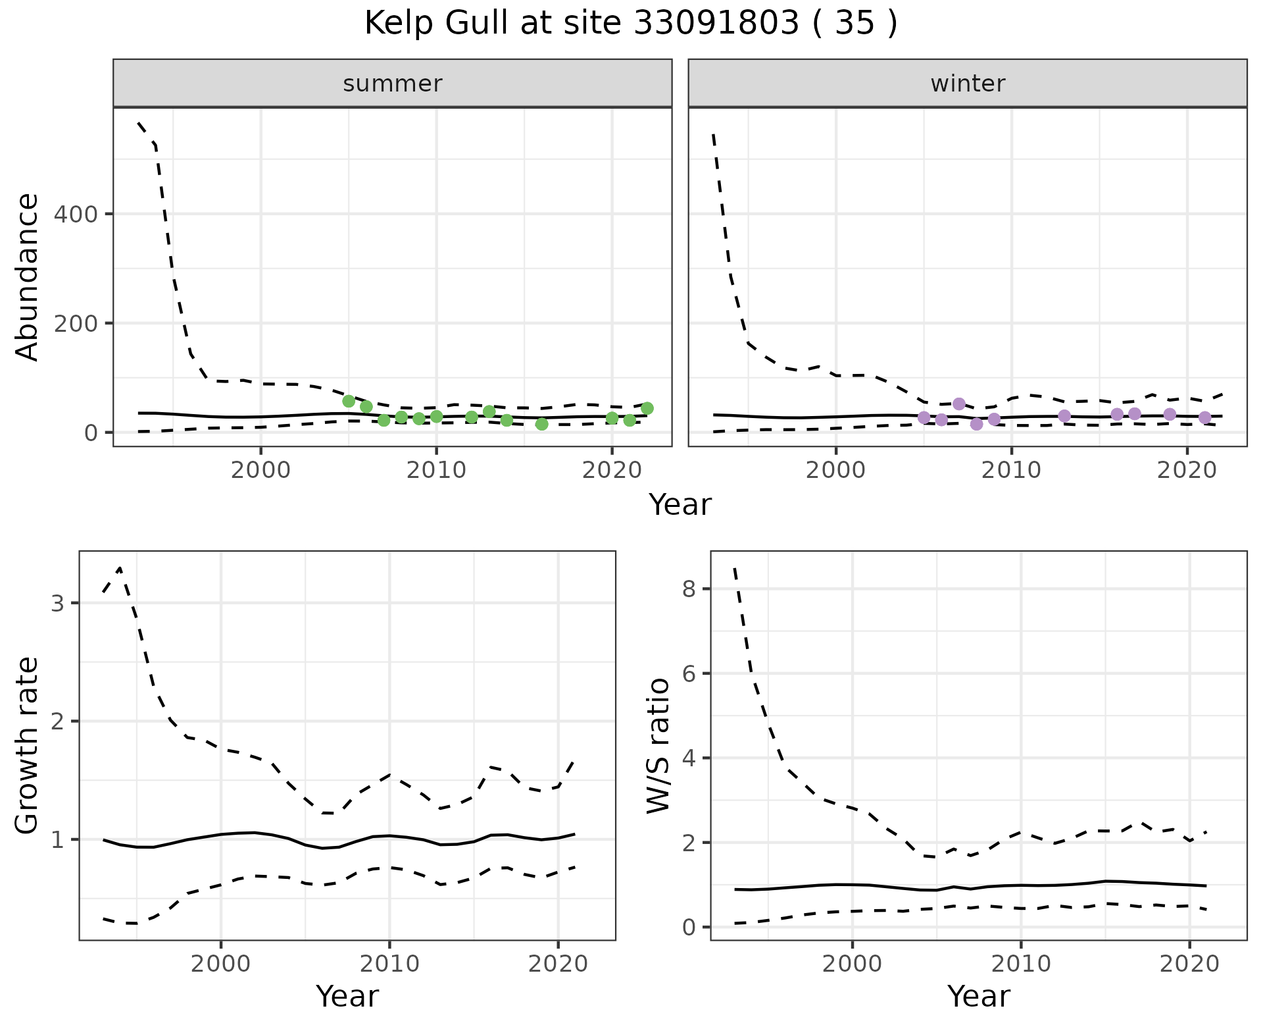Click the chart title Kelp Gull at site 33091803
pyautogui.click(x=630, y=24)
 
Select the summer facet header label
pyautogui.click(x=393, y=84)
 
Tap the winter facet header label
pyautogui.click(x=968, y=84)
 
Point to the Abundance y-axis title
pyautogui.click(x=28, y=277)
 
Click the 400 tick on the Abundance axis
pyautogui.click(x=74, y=215)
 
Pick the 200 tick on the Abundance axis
pyautogui.click(x=74, y=323)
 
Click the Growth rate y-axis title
pyautogui.click(x=28, y=747)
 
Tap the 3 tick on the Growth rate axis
pyautogui.click(x=57, y=604)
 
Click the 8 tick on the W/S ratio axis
pyautogui.click(x=689, y=589)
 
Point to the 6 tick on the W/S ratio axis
pyautogui.click(x=689, y=673)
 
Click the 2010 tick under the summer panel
pyautogui.click(x=436, y=471)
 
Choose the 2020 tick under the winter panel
pyautogui.click(x=1187, y=471)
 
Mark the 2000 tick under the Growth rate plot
pyautogui.click(x=221, y=965)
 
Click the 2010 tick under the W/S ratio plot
pyautogui.click(x=1021, y=965)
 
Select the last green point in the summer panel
pyautogui.click(x=647, y=408)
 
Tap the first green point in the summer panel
pyautogui.click(x=349, y=401)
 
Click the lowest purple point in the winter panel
pyautogui.click(x=976, y=424)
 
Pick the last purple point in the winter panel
pyautogui.click(x=1204, y=417)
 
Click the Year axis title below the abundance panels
pyautogui.click(x=680, y=506)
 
